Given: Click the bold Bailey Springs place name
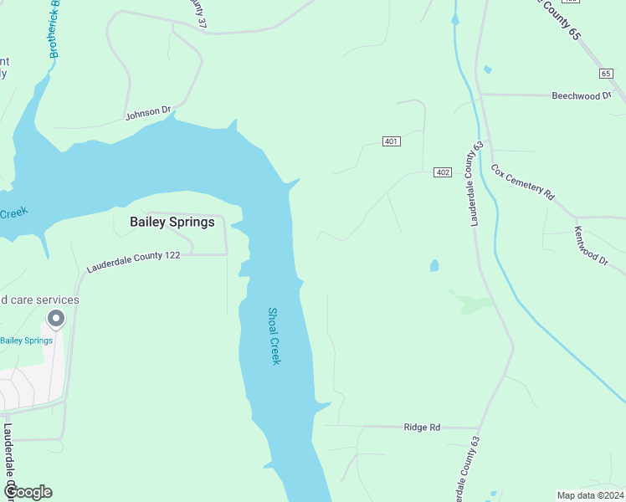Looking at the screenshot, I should coord(172,222).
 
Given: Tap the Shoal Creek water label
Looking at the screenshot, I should coord(274,336).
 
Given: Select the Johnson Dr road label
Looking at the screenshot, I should coord(148,111).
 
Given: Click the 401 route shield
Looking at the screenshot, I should coord(391,141).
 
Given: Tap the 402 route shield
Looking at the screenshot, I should coord(443,172).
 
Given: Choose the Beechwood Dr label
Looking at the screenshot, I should coord(581,96).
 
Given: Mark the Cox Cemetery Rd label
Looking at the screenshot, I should coord(522,182).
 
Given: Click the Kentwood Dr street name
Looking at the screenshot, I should coord(591,245).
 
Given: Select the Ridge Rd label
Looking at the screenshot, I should coord(422,428).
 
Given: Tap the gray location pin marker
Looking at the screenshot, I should coord(56,319).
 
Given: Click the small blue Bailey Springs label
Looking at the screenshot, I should coord(26,341).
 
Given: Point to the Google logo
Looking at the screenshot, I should coord(27,492).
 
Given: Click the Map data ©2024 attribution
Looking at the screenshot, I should coord(590,494).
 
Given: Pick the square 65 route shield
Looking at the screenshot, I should coord(606,74).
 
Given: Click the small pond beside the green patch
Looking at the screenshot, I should coord(434,266).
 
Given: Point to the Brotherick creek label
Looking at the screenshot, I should coord(55,29).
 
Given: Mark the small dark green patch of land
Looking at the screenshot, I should coord(470,303).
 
